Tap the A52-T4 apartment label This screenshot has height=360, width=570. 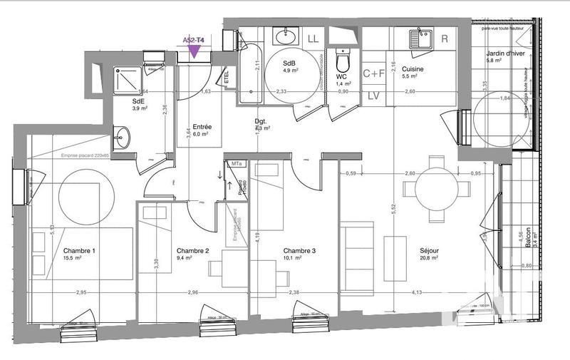point(194,41)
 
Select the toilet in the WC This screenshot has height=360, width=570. point(341,58)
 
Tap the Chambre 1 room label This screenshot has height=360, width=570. point(79,251)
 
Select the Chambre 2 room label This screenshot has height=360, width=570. point(192,251)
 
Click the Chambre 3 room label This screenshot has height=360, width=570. point(299,251)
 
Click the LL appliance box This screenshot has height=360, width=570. point(312,38)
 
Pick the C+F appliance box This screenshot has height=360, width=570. point(374,73)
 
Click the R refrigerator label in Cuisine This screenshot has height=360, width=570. point(445,38)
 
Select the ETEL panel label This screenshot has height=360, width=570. point(226,75)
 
